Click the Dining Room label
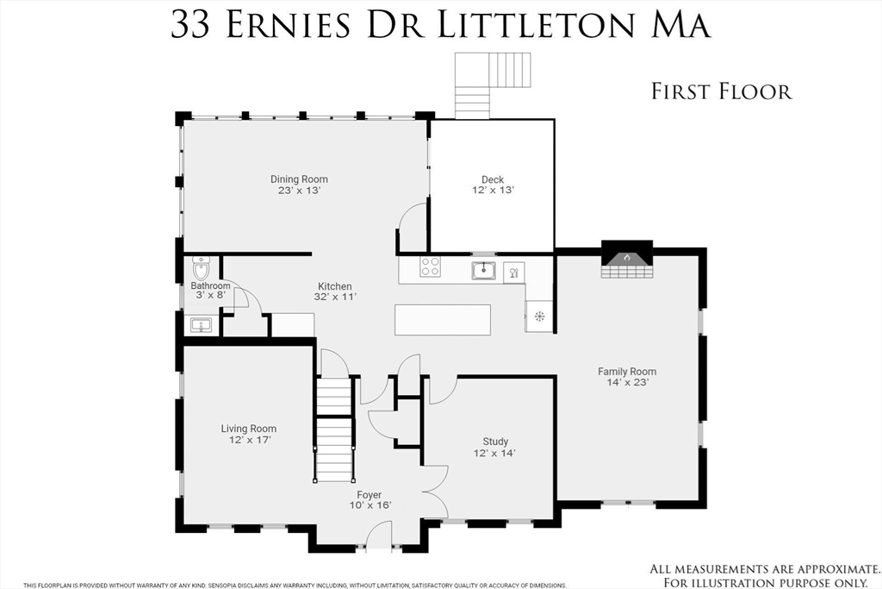pos(299,179)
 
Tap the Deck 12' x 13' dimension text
pos(493,191)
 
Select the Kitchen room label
pos(335,286)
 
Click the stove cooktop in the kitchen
pos(431,266)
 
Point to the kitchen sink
pos(483,271)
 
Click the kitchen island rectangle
pos(442,319)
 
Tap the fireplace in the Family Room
pos(627,260)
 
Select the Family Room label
pos(627,372)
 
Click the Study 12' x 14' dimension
pos(495,453)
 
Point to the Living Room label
pos(249,429)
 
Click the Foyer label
pos(369,495)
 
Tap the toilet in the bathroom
pos(201,267)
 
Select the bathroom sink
pos(200,325)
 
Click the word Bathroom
pos(210,286)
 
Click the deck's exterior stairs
pos(493,85)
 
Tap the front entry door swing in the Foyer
pos(379,533)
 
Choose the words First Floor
pos(722,91)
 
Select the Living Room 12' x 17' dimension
pos(250,440)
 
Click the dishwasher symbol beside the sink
pos(513,273)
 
